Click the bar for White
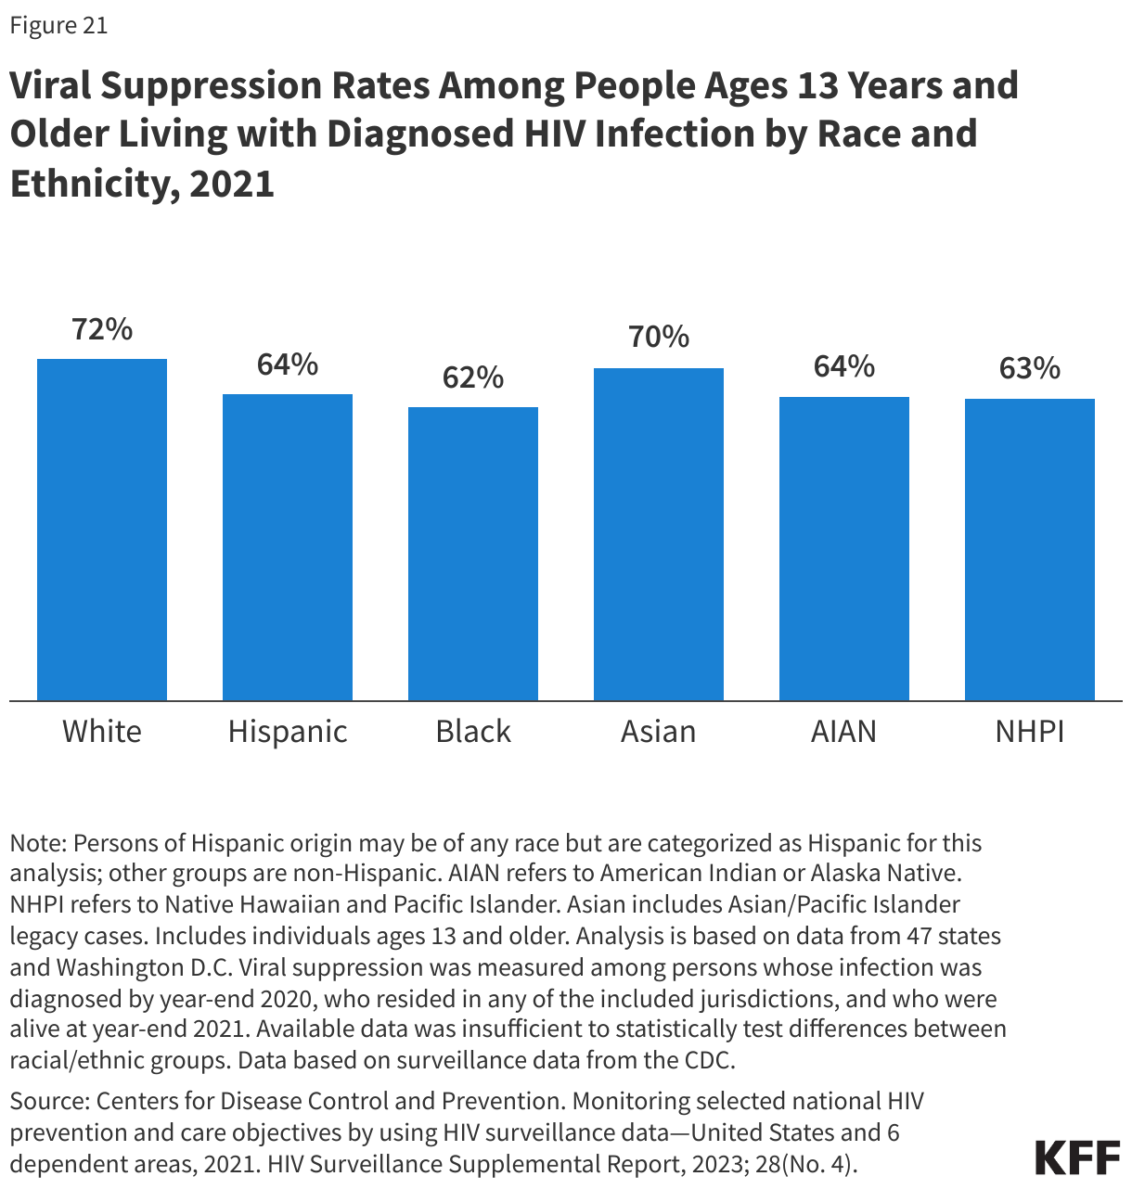pyautogui.click(x=102, y=529)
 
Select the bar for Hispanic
pyautogui.click(x=288, y=546)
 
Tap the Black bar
pyautogui.click(x=473, y=553)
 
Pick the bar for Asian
pyautogui.click(x=659, y=533)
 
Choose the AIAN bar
pyautogui.click(x=844, y=547)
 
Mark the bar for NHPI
pyautogui.click(x=1030, y=549)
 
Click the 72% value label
pyautogui.click(x=102, y=329)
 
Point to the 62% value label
pyautogui.click(x=473, y=377)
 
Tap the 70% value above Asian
pyautogui.click(x=659, y=337)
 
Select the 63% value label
pyautogui.click(x=1030, y=369)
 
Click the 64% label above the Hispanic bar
pyautogui.click(x=288, y=365)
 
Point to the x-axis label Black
pyautogui.click(x=473, y=732)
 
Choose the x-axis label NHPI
pyautogui.click(x=1030, y=732)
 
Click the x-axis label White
pyautogui.click(x=102, y=732)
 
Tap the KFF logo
pyautogui.click(x=1077, y=1157)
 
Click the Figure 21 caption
pyautogui.click(x=58, y=26)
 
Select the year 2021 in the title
pyautogui.click(x=232, y=184)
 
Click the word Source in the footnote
pyautogui.click(x=47, y=1102)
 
